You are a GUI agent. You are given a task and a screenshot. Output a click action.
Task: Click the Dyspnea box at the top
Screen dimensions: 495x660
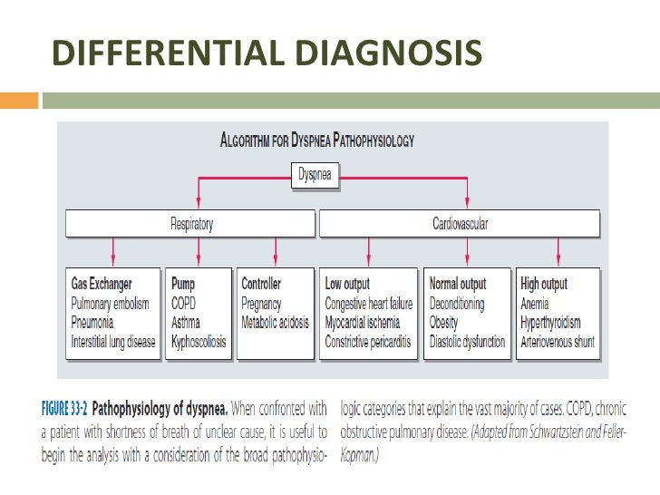[316, 176]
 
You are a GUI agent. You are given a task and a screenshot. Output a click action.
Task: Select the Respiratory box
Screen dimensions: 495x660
[191, 224]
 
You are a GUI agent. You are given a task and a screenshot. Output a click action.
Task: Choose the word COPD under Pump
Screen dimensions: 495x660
[184, 304]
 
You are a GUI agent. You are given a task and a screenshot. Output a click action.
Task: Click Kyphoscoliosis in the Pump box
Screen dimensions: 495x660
[199, 343]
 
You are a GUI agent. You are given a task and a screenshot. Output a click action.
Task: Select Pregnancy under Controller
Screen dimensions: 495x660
[261, 304]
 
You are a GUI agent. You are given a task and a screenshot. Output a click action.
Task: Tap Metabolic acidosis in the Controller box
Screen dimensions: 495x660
[275, 323]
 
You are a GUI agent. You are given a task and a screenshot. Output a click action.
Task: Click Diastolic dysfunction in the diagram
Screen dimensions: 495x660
[468, 343]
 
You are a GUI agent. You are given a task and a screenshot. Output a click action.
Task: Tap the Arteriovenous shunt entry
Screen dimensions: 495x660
[557, 343]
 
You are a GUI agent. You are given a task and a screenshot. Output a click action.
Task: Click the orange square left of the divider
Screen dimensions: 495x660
[19, 99]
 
